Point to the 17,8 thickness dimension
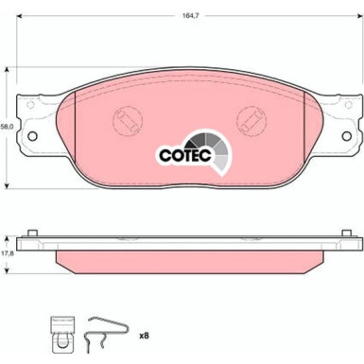pyautogui.click(x=6, y=253)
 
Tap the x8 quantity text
pyautogui.click(x=144, y=336)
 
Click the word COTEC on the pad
pyautogui.click(x=185, y=155)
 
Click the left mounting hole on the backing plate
pyautogui.click(x=32, y=136)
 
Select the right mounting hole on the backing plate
pyautogui.click(x=347, y=136)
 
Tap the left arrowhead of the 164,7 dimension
pyautogui.click(x=20, y=16)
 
